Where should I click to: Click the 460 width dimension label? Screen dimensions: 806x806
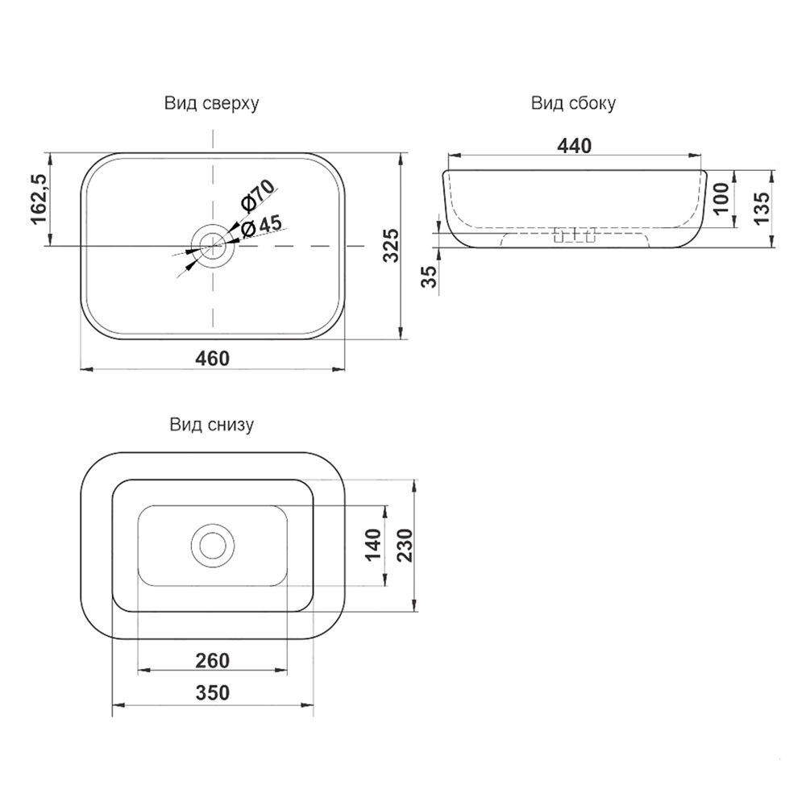pos(212,359)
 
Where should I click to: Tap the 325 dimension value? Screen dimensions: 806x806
pos(391,245)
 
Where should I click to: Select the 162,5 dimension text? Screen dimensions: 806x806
pos(39,199)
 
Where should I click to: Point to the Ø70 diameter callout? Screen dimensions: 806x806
pos(258,196)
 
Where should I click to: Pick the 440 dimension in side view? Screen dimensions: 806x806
pos(574,146)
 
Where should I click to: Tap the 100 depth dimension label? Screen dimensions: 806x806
pos(721,198)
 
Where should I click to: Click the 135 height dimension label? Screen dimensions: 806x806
pos(762,208)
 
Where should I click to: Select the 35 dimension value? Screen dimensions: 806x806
pos(430,276)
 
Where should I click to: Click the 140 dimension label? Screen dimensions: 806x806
pos(373,545)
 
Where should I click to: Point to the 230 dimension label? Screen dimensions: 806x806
pos(405,545)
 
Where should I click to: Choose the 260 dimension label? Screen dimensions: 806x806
pos(212,661)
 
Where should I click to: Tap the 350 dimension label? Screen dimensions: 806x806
pos(212,693)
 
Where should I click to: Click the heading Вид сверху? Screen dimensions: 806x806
pos(212,103)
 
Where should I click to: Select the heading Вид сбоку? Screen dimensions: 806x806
pos(573,103)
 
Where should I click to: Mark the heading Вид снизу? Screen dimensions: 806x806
pos(212,425)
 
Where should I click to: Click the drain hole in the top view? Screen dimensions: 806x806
pos(213,246)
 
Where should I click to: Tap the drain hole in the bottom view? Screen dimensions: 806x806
pos(213,546)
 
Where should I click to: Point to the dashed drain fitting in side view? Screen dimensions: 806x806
pos(574,235)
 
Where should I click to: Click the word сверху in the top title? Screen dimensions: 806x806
pos(231,104)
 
